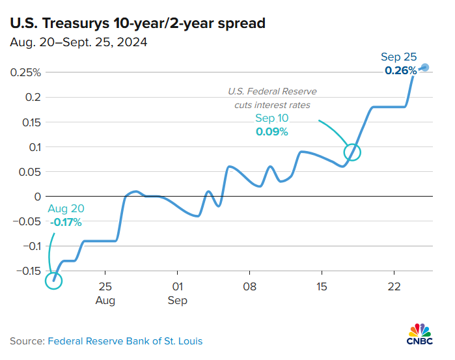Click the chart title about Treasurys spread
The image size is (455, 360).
(137, 24)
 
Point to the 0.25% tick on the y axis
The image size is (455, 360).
(25, 72)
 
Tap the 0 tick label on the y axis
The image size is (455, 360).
(38, 197)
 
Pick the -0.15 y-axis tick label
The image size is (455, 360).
(26, 271)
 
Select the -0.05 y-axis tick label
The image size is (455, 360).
(26, 221)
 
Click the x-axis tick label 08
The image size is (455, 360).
(249, 286)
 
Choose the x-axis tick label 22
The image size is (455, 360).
(393, 286)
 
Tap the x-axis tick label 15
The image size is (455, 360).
(321, 286)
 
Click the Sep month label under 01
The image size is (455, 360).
(177, 301)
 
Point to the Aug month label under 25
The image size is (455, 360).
(105, 301)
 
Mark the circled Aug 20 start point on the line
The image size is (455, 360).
(53, 281)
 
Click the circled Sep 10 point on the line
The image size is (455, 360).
(352, 152)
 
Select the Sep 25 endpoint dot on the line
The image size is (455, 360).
(424, 67)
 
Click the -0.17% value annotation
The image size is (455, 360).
(66, 223)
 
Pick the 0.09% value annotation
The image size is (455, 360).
(272, 132)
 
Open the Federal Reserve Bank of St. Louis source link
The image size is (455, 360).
(124, 341)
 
